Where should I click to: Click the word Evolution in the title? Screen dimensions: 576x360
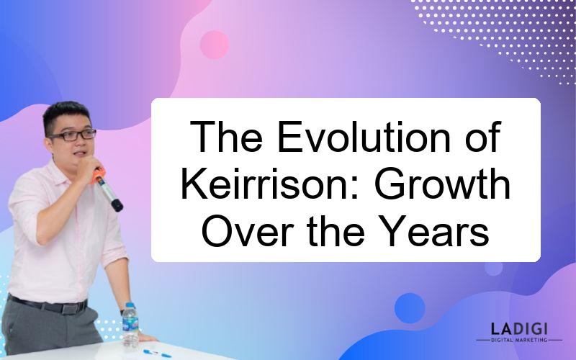[364, 136]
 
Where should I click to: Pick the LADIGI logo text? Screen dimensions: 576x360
[519, 328]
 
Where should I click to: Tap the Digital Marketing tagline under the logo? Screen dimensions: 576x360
[519, 340]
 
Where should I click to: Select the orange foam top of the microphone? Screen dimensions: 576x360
[98, 175]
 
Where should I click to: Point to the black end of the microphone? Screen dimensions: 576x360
[117, 205]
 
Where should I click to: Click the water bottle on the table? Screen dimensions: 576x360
[130, 325]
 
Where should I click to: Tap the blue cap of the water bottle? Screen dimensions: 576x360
[130, 305]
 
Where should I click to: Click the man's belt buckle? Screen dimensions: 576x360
[70, 308]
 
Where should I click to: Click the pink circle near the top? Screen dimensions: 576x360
[214, 45]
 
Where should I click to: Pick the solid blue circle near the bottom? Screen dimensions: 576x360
[410, 308]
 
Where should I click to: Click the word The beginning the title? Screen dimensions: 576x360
[226, 136]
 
